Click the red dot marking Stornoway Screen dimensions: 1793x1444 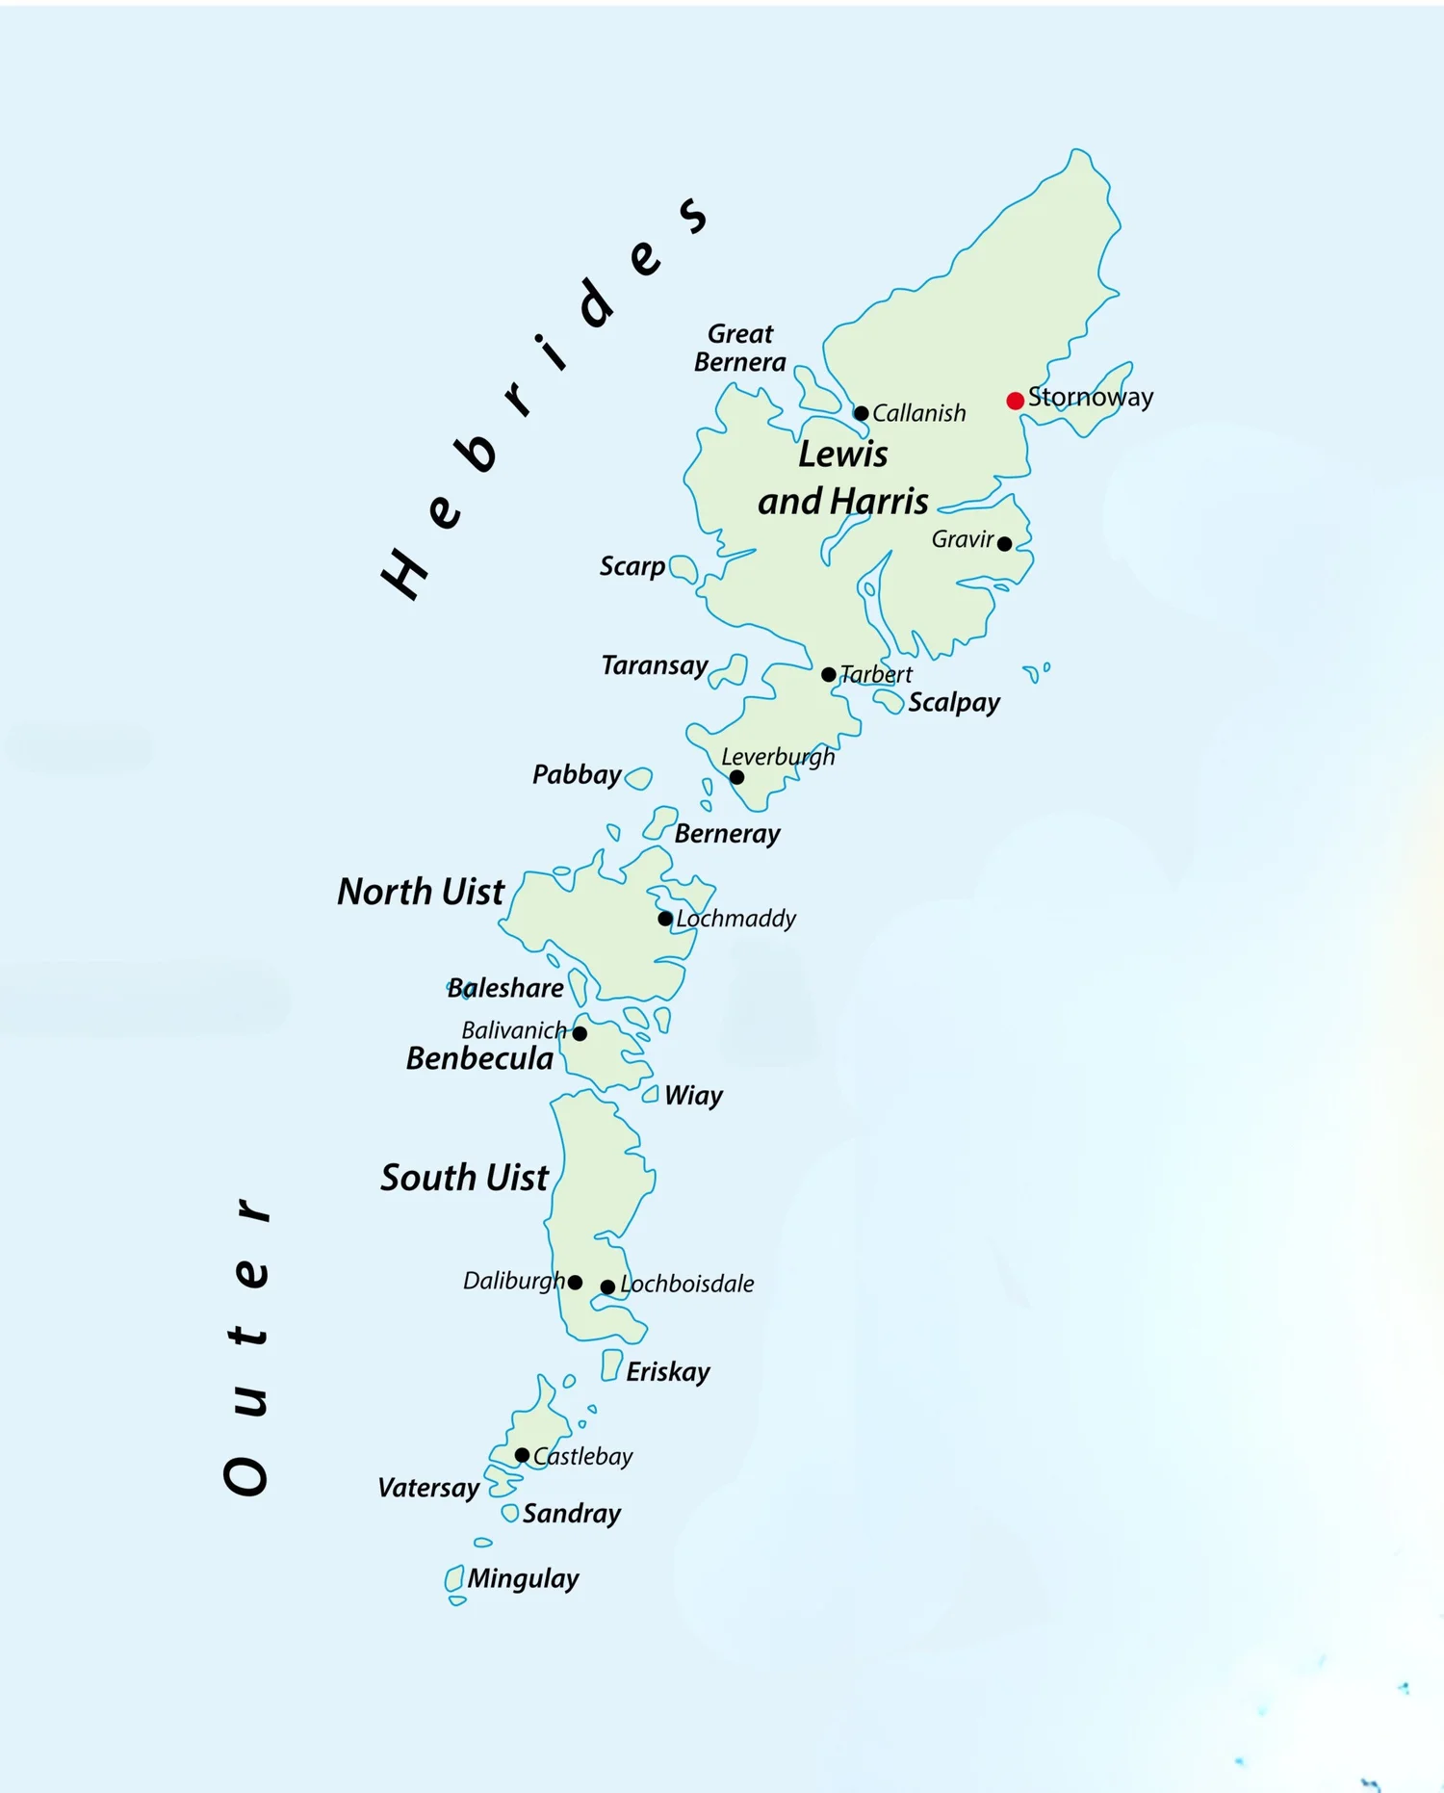pyautogui.click(x=1015, y=401)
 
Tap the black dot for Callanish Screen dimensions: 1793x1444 pyautogui.click(x=862, y=413)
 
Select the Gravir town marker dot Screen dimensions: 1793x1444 pyautogui.click(x=1004, y=544)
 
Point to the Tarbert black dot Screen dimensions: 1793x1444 pyautogui.click(x=829, y=674)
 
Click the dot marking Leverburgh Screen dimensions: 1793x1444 pyautogui.click(x=736, y=777)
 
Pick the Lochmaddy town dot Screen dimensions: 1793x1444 pyautogui.click(x=665, y=919)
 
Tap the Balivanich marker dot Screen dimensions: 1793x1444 pyautogui.click(x=580, y=1033)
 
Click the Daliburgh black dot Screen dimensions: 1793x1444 pyautogui.click(x=575, y=1282)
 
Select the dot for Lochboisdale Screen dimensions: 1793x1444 pyautogui.click(x=607, y=1286)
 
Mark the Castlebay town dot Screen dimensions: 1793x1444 pyautogui.click(x=522, y=1455)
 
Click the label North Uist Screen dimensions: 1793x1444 pyautogui.click(x=421, y=892)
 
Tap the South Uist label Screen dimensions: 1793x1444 pyautogui.click(x=464, y=1178)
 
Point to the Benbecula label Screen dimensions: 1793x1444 pyautogui.click(x=479, y=1059)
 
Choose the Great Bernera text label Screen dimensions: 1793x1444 pyautogui.click(x=739, y=348)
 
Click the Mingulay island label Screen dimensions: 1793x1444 pyautogui.click(x=523, y=1578)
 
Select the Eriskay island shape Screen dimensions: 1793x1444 pyautogui.click(x=611, y=1364)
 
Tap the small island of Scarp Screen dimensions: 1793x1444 pyautogui.click(x=683, y=569)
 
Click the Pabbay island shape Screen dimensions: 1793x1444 pyautogui.click(x=638, y=778)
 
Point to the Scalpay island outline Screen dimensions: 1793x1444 pyautogui.click(x=889, y=701)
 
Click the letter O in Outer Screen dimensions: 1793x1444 pyautogui.click(x=246, y=1475)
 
